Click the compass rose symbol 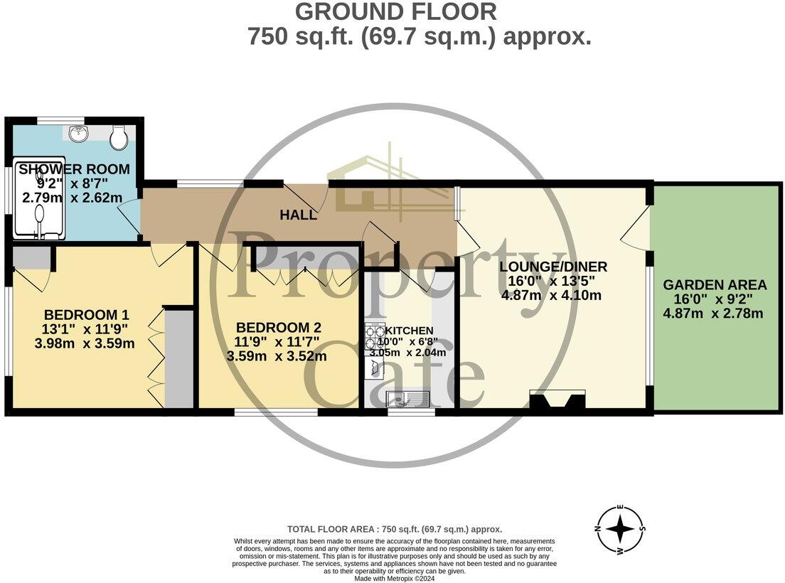point(621,530)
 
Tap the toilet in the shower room point(118,137)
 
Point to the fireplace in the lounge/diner point(557,400)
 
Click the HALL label point(298,215)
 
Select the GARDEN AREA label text point(715,285)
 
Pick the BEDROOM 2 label point(279,328)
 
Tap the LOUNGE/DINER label point(553,267)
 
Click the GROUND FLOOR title point(395,12)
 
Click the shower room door point(130,217)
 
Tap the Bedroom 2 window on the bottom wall point(276,412)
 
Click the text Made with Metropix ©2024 point(395,579)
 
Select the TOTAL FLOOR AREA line point(395,529)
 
